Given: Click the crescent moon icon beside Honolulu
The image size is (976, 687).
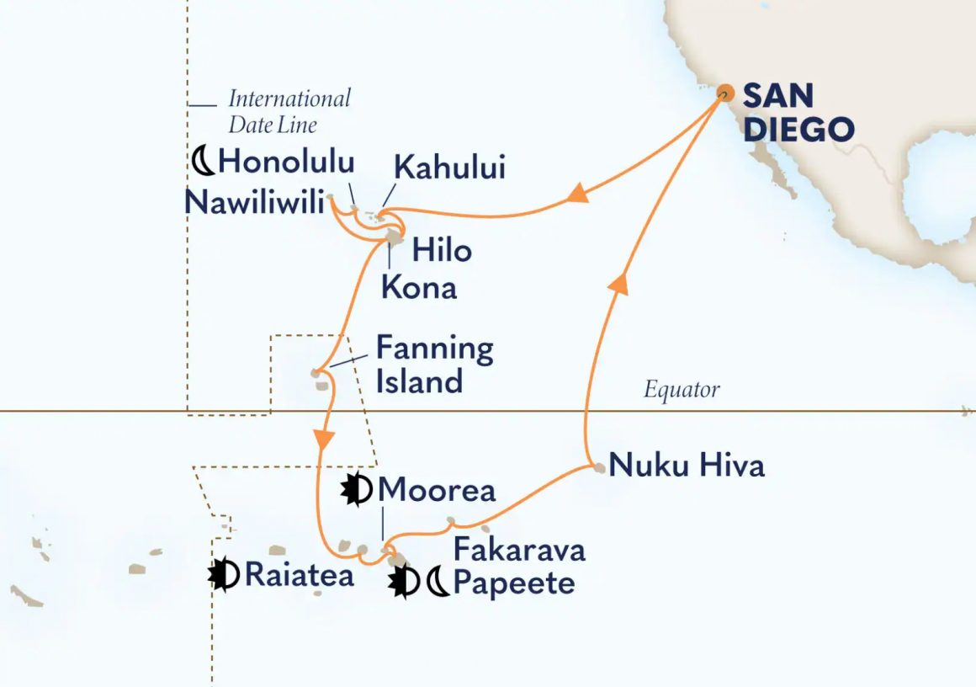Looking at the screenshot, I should pos(203,160).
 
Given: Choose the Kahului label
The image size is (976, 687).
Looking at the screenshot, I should pos(450,168).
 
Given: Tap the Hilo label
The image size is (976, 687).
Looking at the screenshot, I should pos(442,250).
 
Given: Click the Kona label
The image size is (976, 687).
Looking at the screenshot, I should pos(419,287).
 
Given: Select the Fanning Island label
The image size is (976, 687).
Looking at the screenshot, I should pos(433,365).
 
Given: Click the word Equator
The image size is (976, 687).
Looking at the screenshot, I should pos(682,390).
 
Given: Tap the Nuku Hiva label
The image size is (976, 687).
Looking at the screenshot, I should pos(687,465).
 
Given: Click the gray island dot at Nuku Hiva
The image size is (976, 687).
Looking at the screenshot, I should pos(598,467).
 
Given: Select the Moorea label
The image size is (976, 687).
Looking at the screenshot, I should pos(437,489).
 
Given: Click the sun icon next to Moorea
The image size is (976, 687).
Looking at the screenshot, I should pos(356,489).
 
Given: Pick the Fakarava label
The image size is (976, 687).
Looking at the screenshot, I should pos(519,551).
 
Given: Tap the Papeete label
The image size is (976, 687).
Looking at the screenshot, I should pos(514,583).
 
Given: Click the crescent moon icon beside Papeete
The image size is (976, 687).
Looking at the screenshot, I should pos(438,583).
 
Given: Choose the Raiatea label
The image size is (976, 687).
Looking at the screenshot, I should pos(299,574).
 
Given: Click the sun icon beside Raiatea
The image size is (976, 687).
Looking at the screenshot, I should pos(224,574).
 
